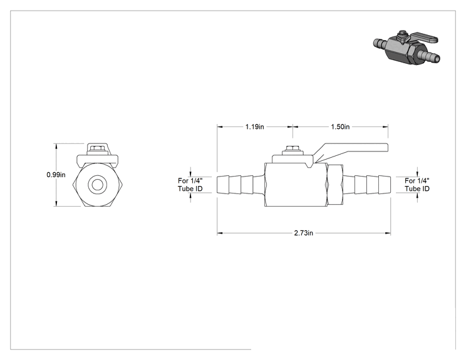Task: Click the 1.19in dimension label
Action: pyautogui.click(x=254, y=127)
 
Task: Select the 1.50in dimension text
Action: pyautogui.click(x=340, y=127)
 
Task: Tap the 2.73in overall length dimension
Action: pyautogui.click(x=303, y=233)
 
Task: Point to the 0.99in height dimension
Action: pyautogui.click(x=56, y=175)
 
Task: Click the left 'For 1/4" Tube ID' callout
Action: pyautogui.click(x=190, y=185)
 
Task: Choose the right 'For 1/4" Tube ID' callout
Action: pyautogui.click(x=417, y=185)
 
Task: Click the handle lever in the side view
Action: pyautogui.click(x=351, y=152)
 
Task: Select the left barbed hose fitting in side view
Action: pyautogui.click(x=240, y=185)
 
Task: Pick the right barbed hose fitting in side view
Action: pyautogui.click(x=367, y=185)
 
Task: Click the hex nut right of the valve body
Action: pyautogui.click(x=335, y=185)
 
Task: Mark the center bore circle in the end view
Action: pyautogui.click(x=97, y=185)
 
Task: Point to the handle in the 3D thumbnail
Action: pyautogui.click(x=423, y=39)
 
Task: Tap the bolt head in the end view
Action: pyautogui.click(x=97, y=148)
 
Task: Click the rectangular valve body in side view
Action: pyautogui.click(x=296, y=185)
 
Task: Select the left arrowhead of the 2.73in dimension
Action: pyautogui.click(x=220, y=233)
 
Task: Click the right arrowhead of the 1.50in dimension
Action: pyautogui.click(x=385, y=127)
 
